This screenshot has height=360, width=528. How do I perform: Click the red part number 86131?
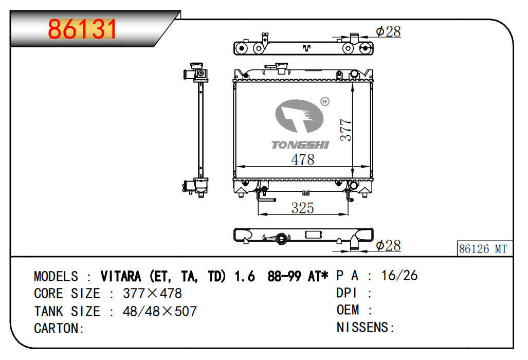tap(82, 29)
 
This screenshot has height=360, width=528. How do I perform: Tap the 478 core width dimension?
tap(303, 159)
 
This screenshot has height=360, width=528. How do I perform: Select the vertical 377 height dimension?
tap(346, 130)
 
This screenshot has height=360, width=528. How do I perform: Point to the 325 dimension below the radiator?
tap(303, 208)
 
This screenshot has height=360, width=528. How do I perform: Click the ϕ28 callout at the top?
tap(388, 32)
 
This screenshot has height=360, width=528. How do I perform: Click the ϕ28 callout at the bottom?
tap(388, 245)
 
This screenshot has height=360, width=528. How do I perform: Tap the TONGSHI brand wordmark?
tap(300, 145)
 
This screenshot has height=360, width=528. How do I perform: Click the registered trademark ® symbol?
tap(324, 101)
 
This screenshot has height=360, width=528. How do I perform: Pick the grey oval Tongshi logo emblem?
tap(299, 116)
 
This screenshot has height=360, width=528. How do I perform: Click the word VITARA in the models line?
tap(121, 277)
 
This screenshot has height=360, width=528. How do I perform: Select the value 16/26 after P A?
tap(399, 276)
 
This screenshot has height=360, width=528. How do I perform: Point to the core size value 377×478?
tap(153, 293)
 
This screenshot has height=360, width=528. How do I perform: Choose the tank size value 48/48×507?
tap(159, 311)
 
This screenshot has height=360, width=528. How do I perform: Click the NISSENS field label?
tap(366, 327)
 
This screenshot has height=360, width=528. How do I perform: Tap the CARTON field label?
tap(59, 328)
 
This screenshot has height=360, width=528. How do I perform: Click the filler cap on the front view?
tap(281, 68)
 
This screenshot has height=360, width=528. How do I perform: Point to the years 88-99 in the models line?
tap(284, 277)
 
